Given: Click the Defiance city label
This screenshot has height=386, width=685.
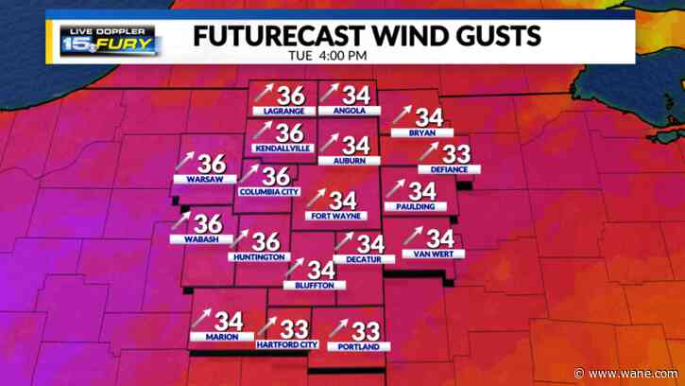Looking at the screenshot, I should [x=450, y=169].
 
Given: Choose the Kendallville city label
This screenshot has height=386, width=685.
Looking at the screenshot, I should [x=276, y=149].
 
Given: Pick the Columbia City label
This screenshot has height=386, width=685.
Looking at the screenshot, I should [x=269, y=192].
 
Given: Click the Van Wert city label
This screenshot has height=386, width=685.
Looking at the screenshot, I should [x=428, y=254].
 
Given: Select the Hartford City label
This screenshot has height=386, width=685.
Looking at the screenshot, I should [x=287, y=345].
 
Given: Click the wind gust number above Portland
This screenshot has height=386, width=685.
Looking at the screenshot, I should [x=366, y=330].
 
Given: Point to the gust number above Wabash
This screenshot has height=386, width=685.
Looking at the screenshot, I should [x=207, y=223].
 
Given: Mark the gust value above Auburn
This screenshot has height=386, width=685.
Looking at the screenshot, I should [x=355, y=146].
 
